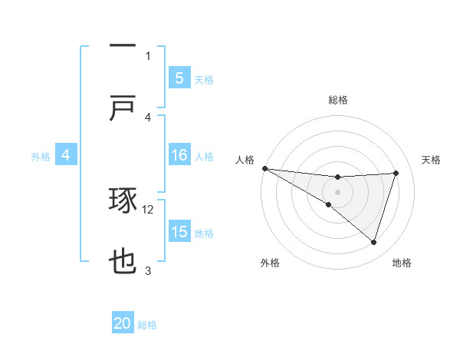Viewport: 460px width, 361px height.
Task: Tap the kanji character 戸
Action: coord(123,109)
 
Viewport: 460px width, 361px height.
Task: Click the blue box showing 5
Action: coord(179,78)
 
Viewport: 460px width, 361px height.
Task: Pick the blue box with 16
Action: coord(179,156)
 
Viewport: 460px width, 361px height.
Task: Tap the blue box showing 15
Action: coord(179,233)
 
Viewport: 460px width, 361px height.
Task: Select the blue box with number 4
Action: coord(66,156)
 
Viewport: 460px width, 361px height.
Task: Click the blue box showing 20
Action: coord(123,324)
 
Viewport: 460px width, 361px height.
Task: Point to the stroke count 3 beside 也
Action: coord(148,270)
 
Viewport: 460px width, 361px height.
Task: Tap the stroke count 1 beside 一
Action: coord(148,55)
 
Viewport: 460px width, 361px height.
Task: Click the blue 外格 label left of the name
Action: coord(41,157)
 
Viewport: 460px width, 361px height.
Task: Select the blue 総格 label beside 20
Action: coord(147,325)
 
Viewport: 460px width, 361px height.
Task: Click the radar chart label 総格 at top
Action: coord(338,100)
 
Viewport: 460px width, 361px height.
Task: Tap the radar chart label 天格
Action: coord(432,160)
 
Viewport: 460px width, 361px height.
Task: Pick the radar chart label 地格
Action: coord(402,263)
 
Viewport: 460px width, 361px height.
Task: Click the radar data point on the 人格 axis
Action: coord(264,168)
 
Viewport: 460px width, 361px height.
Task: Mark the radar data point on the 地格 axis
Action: coord(374,242)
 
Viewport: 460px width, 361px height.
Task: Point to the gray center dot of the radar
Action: coord(337,192)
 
